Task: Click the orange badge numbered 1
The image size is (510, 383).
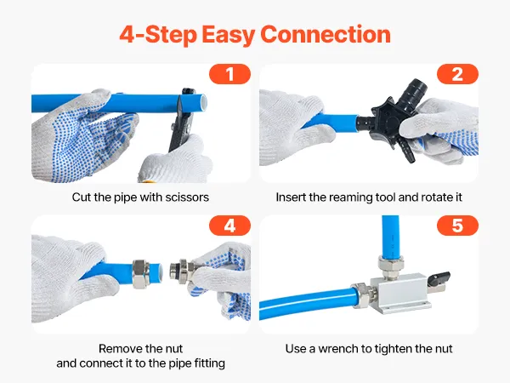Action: (229, 74)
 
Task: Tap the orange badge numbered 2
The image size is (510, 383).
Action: (457, 74)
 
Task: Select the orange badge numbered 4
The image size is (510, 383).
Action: (229, 226)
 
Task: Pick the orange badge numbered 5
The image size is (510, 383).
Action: (457, 226)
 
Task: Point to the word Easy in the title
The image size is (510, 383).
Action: (228, 36)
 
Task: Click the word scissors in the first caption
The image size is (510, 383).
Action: (187, 197)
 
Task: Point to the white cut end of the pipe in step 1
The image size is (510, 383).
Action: (203, 103)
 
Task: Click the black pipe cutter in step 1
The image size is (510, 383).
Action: (182, 120)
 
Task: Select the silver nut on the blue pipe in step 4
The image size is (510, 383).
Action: (141, 273)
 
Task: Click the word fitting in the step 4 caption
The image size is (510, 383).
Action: (209, 363)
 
